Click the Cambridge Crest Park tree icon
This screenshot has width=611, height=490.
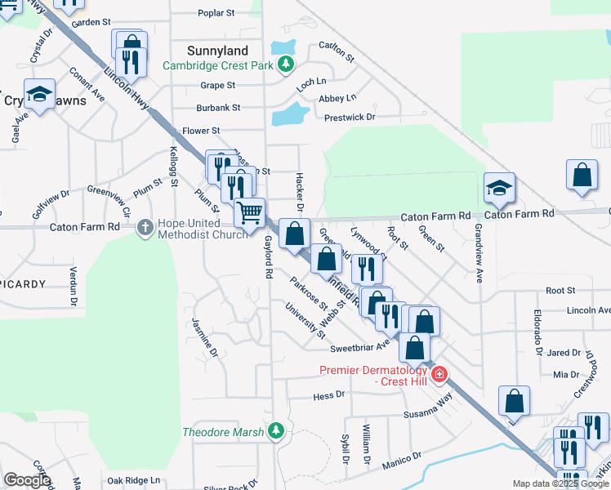click(286, 64)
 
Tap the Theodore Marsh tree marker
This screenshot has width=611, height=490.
click(276, 430)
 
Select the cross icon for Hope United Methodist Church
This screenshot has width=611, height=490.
click(145, 226)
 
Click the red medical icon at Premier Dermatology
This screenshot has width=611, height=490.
click(439, 374)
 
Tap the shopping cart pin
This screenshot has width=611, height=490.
click(250, 212)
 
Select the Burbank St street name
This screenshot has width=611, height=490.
click(218, 108)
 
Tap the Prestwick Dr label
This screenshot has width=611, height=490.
click(349, 118)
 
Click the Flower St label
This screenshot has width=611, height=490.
click(201, 131)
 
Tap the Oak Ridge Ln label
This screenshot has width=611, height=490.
click(134, 481)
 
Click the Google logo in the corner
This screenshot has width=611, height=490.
click(27, 480)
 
